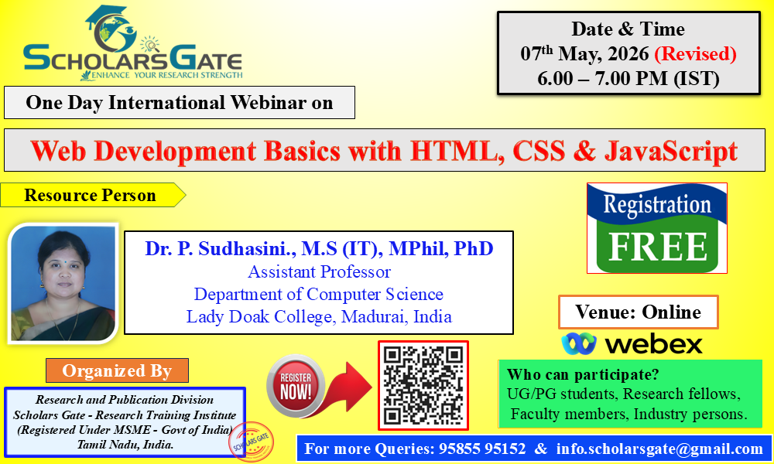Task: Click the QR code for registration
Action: click(423, 385)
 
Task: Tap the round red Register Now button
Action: click(296, 386)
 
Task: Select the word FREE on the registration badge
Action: click(658, 246)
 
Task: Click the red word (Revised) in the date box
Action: click(695, 54)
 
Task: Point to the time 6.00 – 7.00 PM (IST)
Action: click(628, 78)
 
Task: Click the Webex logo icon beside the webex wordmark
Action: click(579, 343)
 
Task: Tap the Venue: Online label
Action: click(639, 312)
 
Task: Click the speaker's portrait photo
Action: click(63, 283)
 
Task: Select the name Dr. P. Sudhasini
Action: click(220, 248)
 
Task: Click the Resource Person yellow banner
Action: click(92, 195)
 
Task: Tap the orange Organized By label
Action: click(117, 370)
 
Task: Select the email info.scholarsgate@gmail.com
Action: click(659, 449)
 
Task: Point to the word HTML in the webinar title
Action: click(454, 151)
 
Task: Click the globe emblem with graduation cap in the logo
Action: click(112, 29)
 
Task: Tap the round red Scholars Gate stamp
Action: click(252, 442)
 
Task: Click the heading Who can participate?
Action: click(583, 375)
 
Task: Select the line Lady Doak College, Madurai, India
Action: click(319, 316)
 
